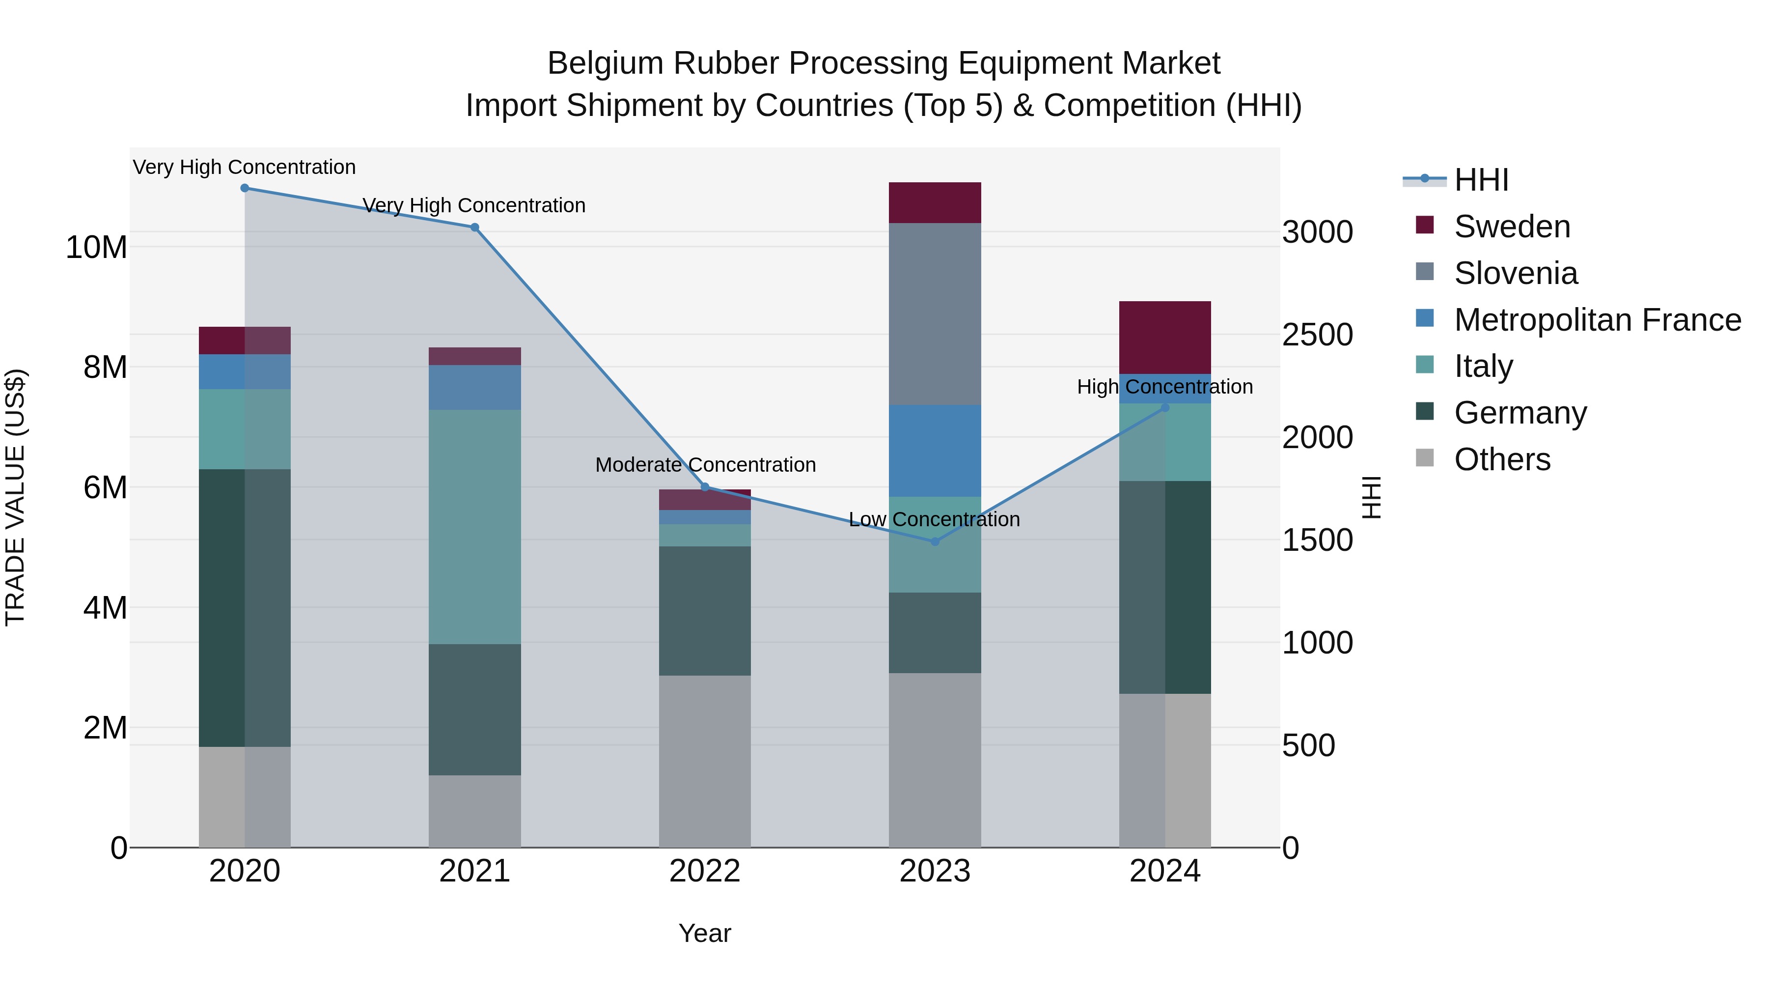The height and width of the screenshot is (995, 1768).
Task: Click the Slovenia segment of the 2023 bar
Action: pos(935,314)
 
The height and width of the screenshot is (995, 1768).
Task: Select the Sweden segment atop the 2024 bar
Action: pos(1165,337)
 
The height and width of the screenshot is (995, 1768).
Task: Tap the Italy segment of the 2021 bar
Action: pos(474,527)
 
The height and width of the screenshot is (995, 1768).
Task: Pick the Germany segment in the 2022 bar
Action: pos(705,610)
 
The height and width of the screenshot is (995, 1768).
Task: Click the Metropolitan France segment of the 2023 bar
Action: pos(935,451)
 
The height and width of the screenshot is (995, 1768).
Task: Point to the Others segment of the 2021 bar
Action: pos(474,811)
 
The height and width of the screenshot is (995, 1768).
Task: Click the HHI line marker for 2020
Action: pos(245,188)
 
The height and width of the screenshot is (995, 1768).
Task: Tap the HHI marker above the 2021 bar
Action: pos(474,227)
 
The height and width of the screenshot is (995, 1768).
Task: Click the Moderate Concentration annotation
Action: pos(705,465)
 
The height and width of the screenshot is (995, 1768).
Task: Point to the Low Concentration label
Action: pos(934,520)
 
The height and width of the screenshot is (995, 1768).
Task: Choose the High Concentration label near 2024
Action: pos(1165,387)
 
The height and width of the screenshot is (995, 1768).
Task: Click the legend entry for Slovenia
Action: pos(1516,273)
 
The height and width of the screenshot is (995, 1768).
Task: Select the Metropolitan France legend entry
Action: pos(1597,320)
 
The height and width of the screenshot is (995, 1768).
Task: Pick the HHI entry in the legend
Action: pos(1481,180)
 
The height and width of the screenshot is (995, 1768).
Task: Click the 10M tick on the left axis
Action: pos(96,247)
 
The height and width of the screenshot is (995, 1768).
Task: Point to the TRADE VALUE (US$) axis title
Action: pos(15,497)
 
